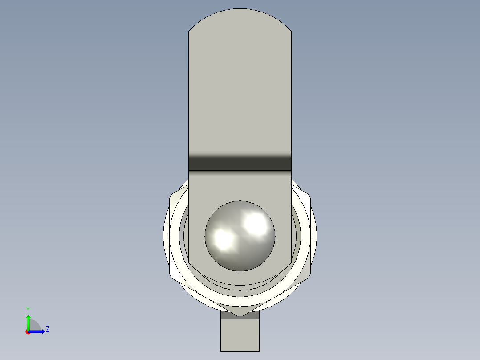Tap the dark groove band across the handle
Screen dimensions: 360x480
tap(240, 164)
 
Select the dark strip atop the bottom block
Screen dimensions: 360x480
tap(240, 315)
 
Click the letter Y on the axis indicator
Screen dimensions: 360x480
tap(28, 309)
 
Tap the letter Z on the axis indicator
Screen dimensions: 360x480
tap(47, 329)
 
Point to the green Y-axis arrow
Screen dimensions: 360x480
tap(28, 322)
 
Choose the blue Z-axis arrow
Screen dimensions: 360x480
tap(37, 331)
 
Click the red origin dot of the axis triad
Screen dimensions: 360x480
tap(28, 332)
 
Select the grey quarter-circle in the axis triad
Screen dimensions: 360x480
tap(34, 326)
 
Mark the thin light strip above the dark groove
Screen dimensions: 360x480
tap(240, 155)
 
